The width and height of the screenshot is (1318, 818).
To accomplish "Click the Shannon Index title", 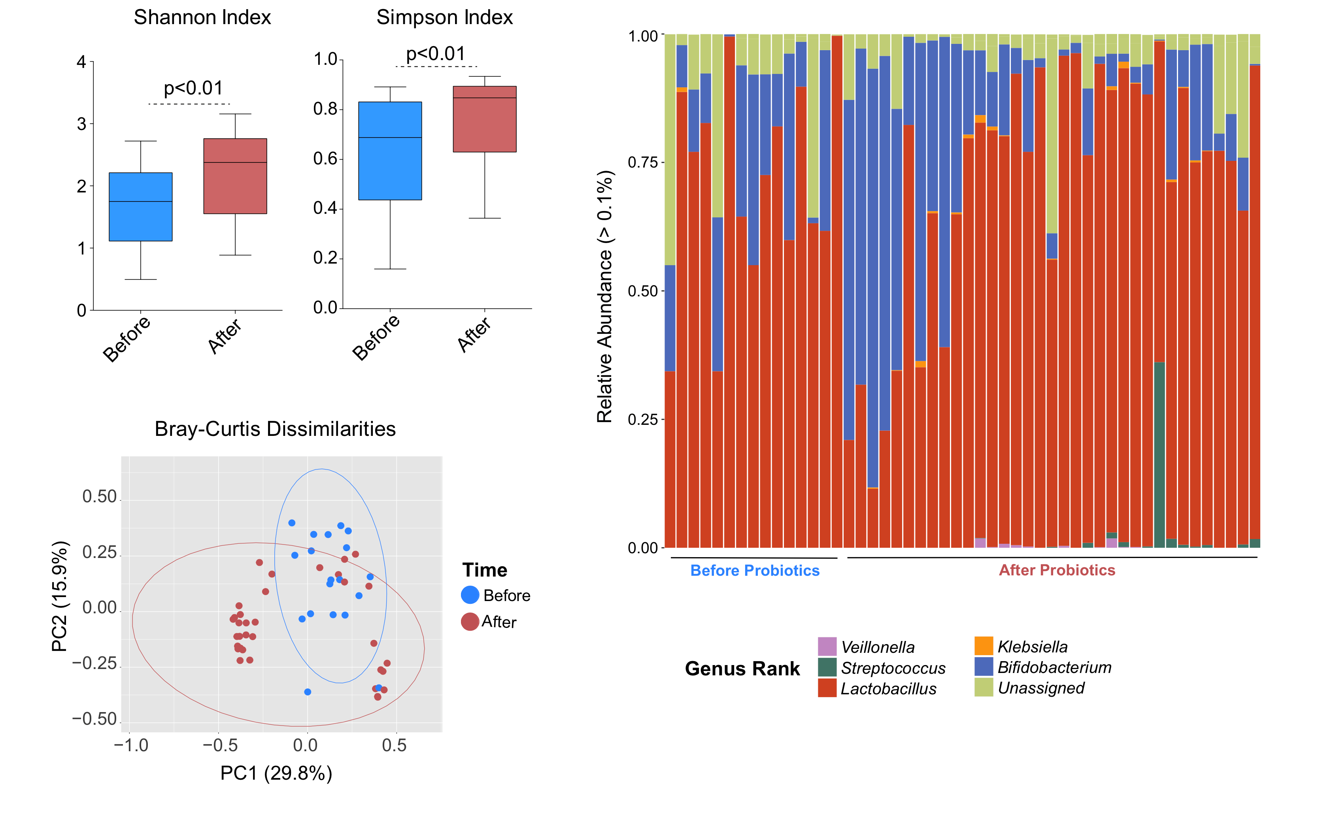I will [202, 17].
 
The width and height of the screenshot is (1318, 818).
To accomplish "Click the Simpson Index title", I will [444, 17].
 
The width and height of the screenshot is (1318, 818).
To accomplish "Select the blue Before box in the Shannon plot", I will [141, 207].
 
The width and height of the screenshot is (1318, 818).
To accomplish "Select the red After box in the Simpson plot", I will [484, 119].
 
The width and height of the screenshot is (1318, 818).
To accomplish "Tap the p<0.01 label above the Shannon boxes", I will [193, 88].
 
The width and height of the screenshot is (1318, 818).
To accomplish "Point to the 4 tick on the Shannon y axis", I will [82, 62].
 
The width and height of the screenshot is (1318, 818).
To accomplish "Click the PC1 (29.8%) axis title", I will [276, 773].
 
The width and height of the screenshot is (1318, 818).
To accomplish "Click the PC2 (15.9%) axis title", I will [60, 596].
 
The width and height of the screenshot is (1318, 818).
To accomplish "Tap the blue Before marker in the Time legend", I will [470, 595].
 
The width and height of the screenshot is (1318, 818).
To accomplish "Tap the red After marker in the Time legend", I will [470, 622].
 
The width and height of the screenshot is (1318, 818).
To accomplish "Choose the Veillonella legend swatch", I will [827, 646].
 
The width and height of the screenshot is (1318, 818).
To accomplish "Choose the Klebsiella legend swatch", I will [984, 646].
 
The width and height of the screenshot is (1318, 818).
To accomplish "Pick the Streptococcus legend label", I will [893, 668].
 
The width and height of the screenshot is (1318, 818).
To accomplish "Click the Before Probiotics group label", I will [755, 571].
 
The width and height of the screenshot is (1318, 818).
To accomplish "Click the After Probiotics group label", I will [1057, 570].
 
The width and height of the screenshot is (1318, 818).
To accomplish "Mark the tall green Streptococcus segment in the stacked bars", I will [1159, 454].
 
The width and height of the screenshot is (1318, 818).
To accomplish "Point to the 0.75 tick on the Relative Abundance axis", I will [642, 163].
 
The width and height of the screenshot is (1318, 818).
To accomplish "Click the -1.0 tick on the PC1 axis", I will [131, 746].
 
